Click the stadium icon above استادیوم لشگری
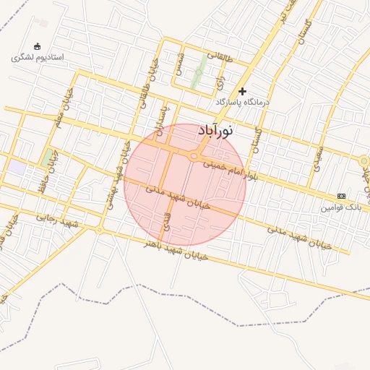(38, 46)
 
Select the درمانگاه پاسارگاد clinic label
(242, 103)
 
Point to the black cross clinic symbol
(242, 92)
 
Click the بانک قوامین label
(341, 207)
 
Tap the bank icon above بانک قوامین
(341, 196)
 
